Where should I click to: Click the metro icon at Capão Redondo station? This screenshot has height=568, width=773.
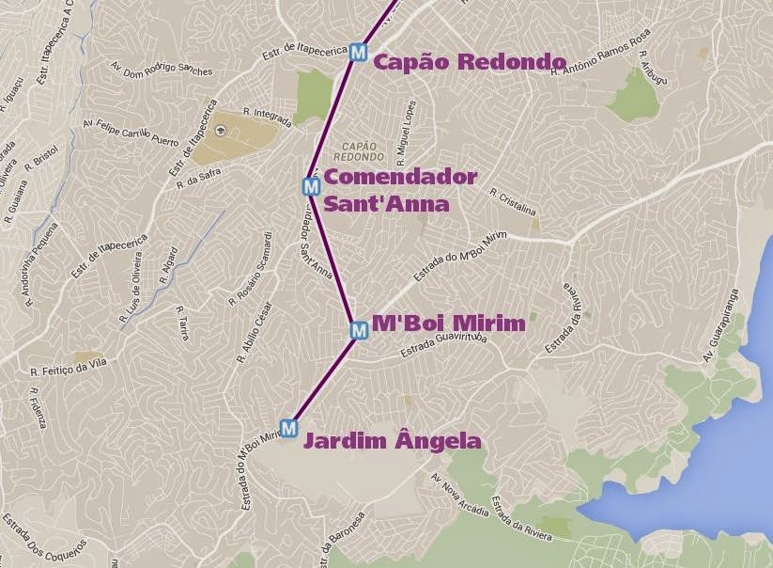click(357, 53)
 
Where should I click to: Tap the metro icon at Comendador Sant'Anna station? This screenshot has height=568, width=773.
click(312, 186)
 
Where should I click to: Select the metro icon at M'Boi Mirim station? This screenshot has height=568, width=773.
click(358, 330)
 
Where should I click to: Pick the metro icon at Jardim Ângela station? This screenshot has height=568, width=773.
click(288, 427)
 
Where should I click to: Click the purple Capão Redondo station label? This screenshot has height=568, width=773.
click(470, 62)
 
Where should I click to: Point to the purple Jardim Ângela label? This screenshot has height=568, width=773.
click(392, 441)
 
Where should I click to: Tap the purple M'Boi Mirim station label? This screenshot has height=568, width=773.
click(448, 323)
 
